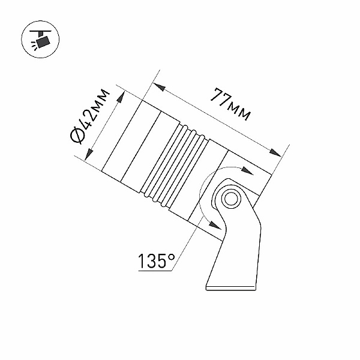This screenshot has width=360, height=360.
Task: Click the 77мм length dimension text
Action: pyautogui.click(x=230, y=104)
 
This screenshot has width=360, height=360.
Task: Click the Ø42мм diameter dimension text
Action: pyautogui.click(x=89, y=116)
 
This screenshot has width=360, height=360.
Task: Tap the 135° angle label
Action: pyautogui.click(x=157, y=261)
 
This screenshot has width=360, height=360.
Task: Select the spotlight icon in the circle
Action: pyautogui.click(x=40, y=39)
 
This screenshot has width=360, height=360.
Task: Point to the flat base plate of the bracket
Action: pyautogui.click(x=231, y=289)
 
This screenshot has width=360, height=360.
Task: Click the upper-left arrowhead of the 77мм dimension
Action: pyautogui.click(x=159, y=87)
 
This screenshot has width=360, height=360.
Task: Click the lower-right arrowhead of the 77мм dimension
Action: pyautogui.click(x=275, y=152)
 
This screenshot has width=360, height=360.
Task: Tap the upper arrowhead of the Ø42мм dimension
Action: pyautogui.click(x=121, y=97)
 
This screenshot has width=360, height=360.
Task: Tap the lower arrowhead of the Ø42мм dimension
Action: pyautogui.click(x=89, y=155)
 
